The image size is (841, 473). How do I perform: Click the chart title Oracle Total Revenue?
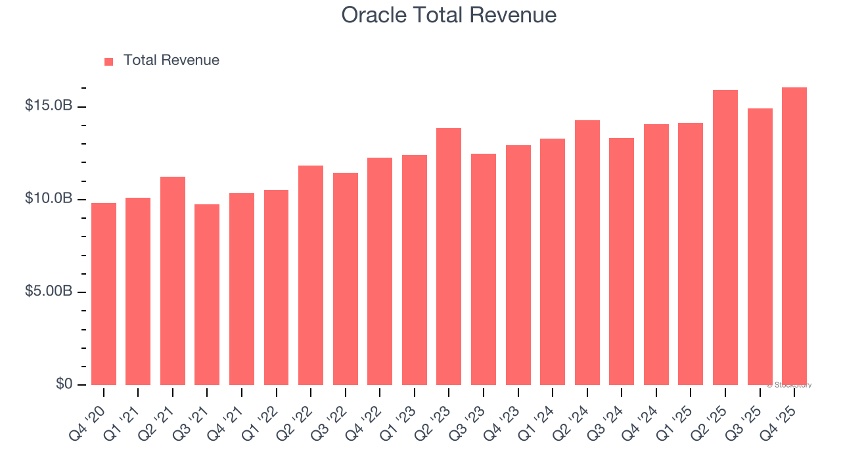tap(449, 15)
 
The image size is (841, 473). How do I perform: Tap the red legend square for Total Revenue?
tap(109, 61)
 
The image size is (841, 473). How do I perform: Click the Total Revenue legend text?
tap(171, 60)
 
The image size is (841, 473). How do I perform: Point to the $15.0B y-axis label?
tap(49, 106)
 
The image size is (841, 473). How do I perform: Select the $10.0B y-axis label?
tap(49, 198)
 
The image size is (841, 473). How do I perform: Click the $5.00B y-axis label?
tap(49, 291)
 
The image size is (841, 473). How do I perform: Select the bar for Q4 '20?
tap(104, 294)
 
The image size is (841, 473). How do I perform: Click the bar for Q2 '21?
tap(173, 281)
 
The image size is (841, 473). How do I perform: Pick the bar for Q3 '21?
tap(207, 294)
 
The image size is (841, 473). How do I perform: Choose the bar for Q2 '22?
tap(311, 275)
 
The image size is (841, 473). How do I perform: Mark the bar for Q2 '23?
tap(449, 256)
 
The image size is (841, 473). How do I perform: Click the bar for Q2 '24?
tap(587, 252)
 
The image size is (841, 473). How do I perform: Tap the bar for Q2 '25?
tap(725, 237)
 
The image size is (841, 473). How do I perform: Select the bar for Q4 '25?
tap(794, 236)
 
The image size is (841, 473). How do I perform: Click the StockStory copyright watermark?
tap(788, 385)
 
